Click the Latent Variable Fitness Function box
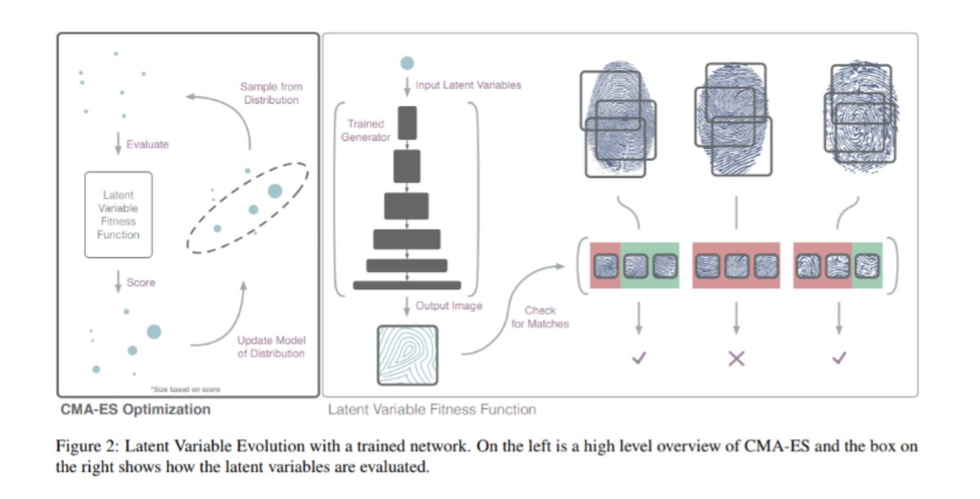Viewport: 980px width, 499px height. tap(118, 215)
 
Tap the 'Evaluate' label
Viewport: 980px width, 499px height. tap(148, 145)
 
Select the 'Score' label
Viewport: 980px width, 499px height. tap(140, 283)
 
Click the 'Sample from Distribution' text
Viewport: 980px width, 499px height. tap(271, 93)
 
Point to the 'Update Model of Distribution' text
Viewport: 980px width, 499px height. tap(271, 347)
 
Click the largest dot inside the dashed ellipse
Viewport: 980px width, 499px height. tap(274, 191)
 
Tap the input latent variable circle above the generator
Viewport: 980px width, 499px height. tap(407, 63)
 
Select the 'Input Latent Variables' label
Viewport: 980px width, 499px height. tap(468, 85)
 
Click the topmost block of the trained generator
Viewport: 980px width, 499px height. tap(408, 123)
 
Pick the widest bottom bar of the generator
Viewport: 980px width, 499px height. tap(407, 285)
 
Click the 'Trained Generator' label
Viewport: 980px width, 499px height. tap(365, 131)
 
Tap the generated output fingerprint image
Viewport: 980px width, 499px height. tap(408, 355)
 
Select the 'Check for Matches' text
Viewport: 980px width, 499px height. tap(540, 317)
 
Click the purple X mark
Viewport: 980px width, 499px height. tap(737, 359)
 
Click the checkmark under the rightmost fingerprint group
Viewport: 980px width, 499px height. tap(840, 359)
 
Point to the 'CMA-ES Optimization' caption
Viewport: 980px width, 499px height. tap(136, 409)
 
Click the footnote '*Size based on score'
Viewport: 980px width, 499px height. tap(185, 390)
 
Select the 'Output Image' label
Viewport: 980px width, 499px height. tap(449, 305)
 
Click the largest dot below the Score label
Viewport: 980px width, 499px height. tap(154, 332)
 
